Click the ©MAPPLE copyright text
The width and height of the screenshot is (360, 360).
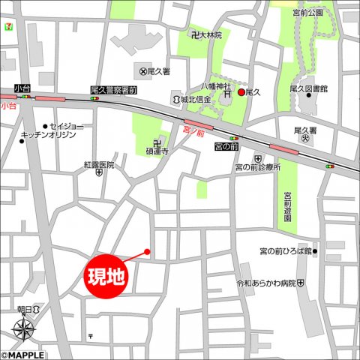pyautogui.click(x=22, y=355)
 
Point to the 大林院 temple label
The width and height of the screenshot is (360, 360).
pyautogui.click(x=211, y=34)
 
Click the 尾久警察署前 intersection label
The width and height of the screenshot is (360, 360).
pyautogui.click(x=113, y=89)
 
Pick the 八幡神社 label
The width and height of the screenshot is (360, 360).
pyautogui.click(x=213, y=86)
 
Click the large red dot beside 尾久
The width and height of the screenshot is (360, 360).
pyautogui.click(x=241, y=92)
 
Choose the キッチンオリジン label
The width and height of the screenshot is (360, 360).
pyautogui.click(x=50, y=135)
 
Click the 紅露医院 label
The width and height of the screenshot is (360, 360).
pyautogui.click(x=99, y=164)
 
